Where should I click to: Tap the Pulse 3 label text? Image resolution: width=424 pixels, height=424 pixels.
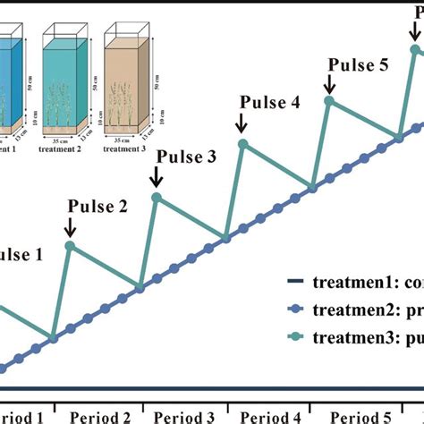186,157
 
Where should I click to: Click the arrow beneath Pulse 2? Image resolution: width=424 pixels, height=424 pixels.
72,229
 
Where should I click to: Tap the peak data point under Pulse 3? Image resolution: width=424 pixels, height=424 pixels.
157,197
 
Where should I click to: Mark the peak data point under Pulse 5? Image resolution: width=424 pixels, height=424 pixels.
328,101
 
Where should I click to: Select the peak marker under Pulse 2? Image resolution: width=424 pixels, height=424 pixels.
71,245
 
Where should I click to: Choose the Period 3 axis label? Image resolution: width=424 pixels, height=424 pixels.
185,417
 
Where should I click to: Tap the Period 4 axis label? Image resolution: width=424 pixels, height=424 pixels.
271,417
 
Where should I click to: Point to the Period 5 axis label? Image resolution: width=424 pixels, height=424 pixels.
357,417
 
